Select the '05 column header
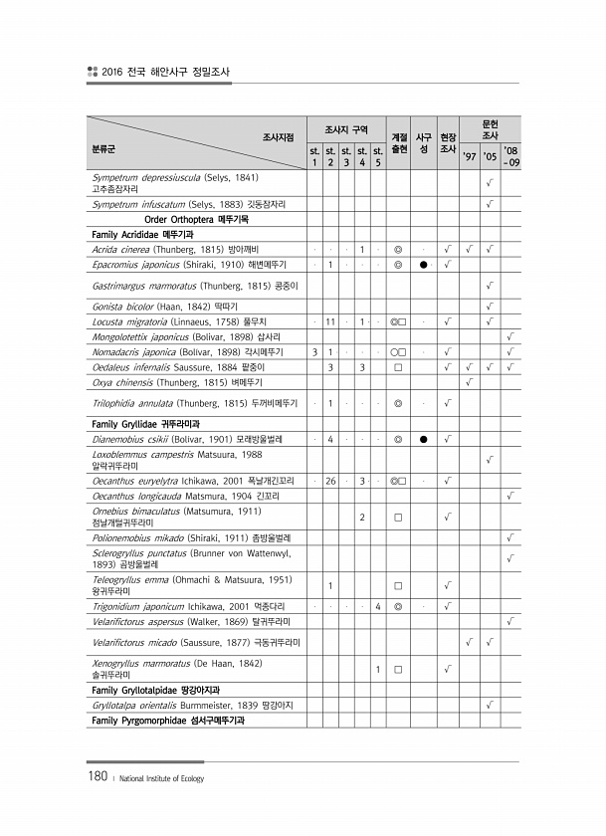[489, 155]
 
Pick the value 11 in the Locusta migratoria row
[329, 321]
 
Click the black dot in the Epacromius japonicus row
[423, 265]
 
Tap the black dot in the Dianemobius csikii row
[423, 439]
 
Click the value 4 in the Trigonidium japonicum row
[379, 605]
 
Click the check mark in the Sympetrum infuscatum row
[489, 204]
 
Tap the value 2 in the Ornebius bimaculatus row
[362, 517]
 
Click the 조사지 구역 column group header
[346, 130]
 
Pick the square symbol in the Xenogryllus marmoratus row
[397, 668]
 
